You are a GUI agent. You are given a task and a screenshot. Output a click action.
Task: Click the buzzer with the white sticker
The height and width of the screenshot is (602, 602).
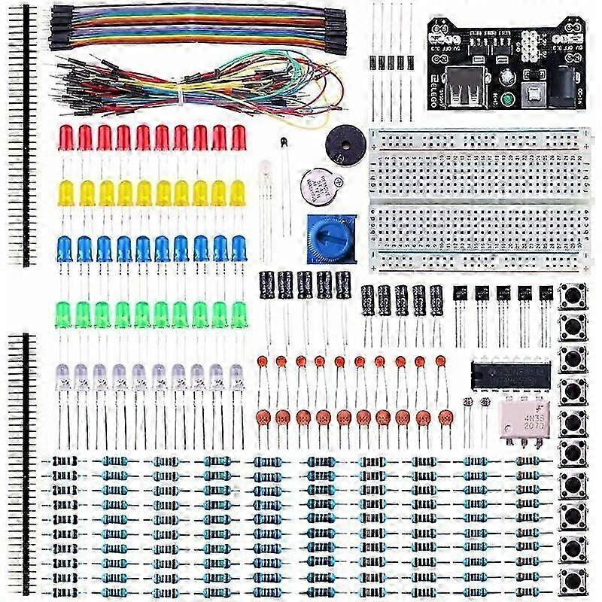pyautogui.click(x=317, y=184)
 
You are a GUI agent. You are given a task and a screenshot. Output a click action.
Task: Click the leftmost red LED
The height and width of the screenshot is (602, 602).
pyautogui.click(x=66, y=138)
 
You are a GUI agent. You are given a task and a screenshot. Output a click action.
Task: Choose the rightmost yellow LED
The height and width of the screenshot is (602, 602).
pyautogui.click(x=238, y=193)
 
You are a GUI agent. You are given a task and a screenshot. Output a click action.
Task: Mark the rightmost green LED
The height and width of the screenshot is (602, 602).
pyautogui.click(x=239, y=313)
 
